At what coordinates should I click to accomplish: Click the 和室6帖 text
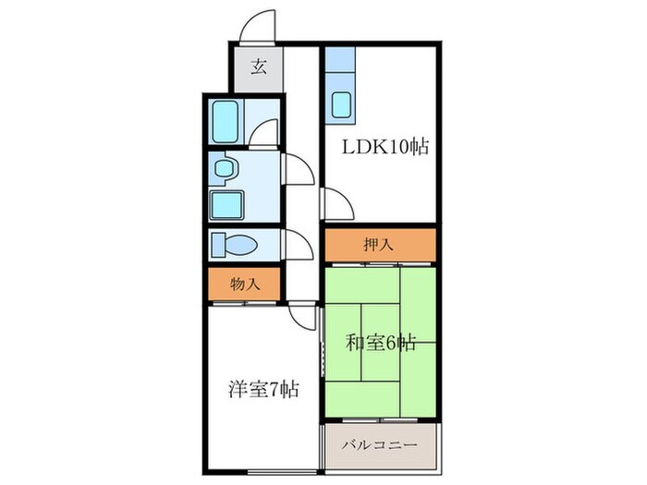coord(379,343)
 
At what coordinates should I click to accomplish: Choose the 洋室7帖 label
coord(262,389)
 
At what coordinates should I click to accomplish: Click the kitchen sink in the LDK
coord(342,106)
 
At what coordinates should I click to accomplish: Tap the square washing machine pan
coord(226,204)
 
